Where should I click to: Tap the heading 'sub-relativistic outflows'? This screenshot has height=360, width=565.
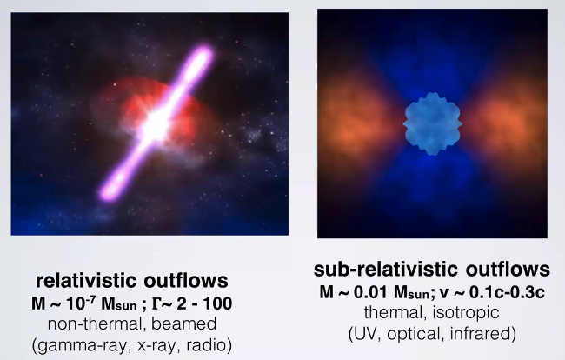[x=431, y=270]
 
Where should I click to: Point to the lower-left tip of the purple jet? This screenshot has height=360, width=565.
[x=107, y=193]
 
